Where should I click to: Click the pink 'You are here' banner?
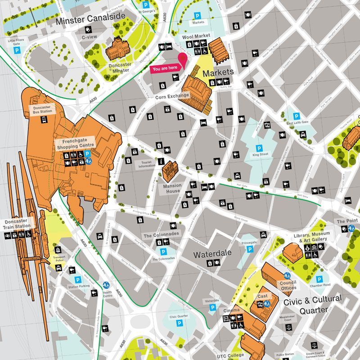[x=166, y=69]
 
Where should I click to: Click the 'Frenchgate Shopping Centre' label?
[x=75, y=143]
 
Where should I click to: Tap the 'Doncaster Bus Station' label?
[x=43, y=109]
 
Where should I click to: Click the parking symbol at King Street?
[x=259, y=148]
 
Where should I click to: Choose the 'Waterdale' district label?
[x=212, y=254]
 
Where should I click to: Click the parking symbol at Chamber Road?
[x=319, y=279]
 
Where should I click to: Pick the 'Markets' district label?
[x=218, y=72]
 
